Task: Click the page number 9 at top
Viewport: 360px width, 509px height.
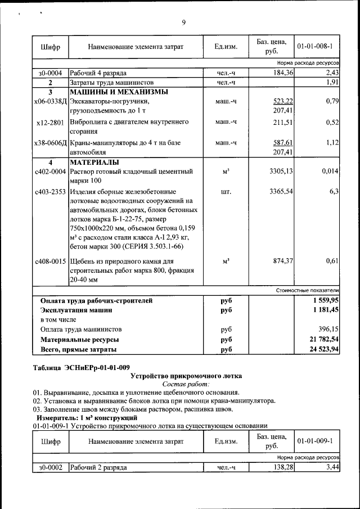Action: (183, 22)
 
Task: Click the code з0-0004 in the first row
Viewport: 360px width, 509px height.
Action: (50, 73)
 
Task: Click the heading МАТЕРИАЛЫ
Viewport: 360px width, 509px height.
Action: (94, 162)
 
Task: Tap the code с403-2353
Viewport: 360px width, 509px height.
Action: (50, 192)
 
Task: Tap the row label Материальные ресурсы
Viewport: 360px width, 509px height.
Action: (79, 340)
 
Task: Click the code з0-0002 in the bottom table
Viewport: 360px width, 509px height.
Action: (50, 467)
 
